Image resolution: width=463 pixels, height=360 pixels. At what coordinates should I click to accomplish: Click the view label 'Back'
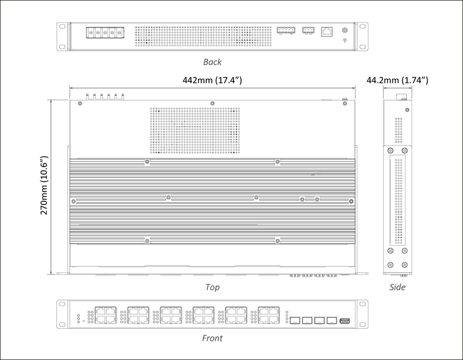pos(212,62)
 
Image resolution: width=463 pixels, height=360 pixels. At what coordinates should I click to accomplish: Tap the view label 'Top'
pos(212,287)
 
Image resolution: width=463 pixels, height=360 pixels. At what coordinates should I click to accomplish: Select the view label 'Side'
pos(397,287)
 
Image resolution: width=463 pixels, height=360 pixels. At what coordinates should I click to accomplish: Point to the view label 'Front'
pos(212,338)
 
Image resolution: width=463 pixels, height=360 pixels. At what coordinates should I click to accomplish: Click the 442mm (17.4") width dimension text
pos(212,80)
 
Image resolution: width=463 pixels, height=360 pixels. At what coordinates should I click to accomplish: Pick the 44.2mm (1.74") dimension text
pos(397,80)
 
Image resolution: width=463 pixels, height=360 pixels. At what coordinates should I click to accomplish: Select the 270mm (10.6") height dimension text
pos(44,185)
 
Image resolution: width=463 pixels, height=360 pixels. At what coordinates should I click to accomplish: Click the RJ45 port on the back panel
pos(327,31)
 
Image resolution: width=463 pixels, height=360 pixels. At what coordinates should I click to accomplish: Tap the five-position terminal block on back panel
pos(105,32)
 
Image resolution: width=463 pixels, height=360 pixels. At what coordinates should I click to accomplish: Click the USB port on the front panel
pos(345,321)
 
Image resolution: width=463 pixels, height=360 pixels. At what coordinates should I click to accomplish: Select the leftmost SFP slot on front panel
pos(295,320)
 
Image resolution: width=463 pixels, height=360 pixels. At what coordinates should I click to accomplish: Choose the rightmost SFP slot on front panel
pos(332,320)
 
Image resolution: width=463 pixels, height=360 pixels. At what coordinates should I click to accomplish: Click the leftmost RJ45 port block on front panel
pos(105,315)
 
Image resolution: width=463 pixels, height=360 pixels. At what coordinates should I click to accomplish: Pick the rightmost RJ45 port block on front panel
pos(269,315)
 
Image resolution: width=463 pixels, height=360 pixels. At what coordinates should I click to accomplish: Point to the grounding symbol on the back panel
pos(345,41)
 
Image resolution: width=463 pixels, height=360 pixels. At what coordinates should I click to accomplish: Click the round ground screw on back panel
pos(345,30)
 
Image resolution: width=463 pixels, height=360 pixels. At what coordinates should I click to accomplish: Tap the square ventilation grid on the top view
pos(195,131)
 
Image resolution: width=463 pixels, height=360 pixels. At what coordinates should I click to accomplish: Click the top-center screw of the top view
pos(212,103)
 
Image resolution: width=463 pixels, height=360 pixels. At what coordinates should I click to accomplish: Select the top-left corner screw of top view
pos(80,103)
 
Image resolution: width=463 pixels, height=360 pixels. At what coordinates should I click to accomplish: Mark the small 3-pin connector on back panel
pos(308,30)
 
